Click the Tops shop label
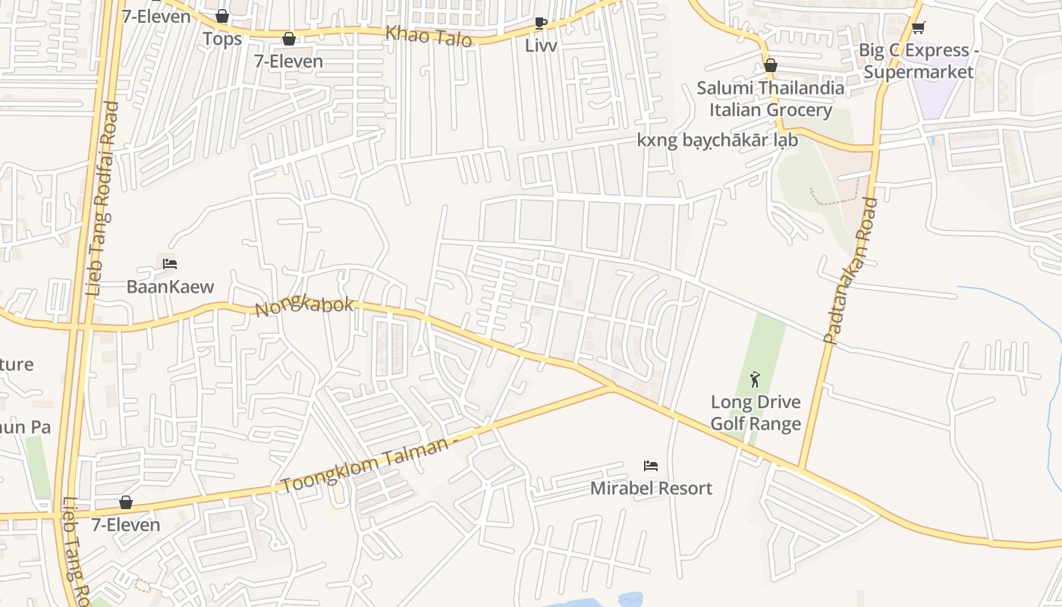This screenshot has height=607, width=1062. pos(222,39)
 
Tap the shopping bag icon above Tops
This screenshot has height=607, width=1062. pos(222,16)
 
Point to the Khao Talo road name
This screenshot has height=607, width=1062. pos(429,36)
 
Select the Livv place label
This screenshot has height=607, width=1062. pos(541,46)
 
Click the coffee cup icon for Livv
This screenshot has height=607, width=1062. pos(540,23)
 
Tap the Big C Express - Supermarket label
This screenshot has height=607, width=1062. pos(918,61)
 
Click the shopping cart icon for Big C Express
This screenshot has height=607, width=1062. pos(918,28)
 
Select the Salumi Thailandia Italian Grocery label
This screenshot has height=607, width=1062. pos(771,99)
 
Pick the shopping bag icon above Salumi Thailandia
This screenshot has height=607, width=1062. pos(771,66)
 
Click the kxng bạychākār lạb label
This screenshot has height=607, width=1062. pos(717,140)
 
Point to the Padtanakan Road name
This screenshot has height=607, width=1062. pos(850,270)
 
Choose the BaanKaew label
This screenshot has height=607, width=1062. pos(170,287)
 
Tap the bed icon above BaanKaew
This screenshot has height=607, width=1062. pos(170,264)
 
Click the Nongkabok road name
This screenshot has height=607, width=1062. pos(305,307)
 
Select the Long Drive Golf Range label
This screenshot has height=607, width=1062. pos(756,413)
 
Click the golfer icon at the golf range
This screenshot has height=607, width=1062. pos(755,379)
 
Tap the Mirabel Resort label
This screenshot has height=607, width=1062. pos(651,488)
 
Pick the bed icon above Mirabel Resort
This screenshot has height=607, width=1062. pos(650,465)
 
